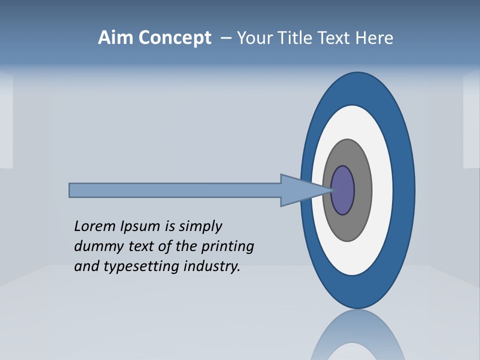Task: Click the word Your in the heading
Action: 252,38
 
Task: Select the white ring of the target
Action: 382,190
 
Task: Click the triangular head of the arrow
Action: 300,190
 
